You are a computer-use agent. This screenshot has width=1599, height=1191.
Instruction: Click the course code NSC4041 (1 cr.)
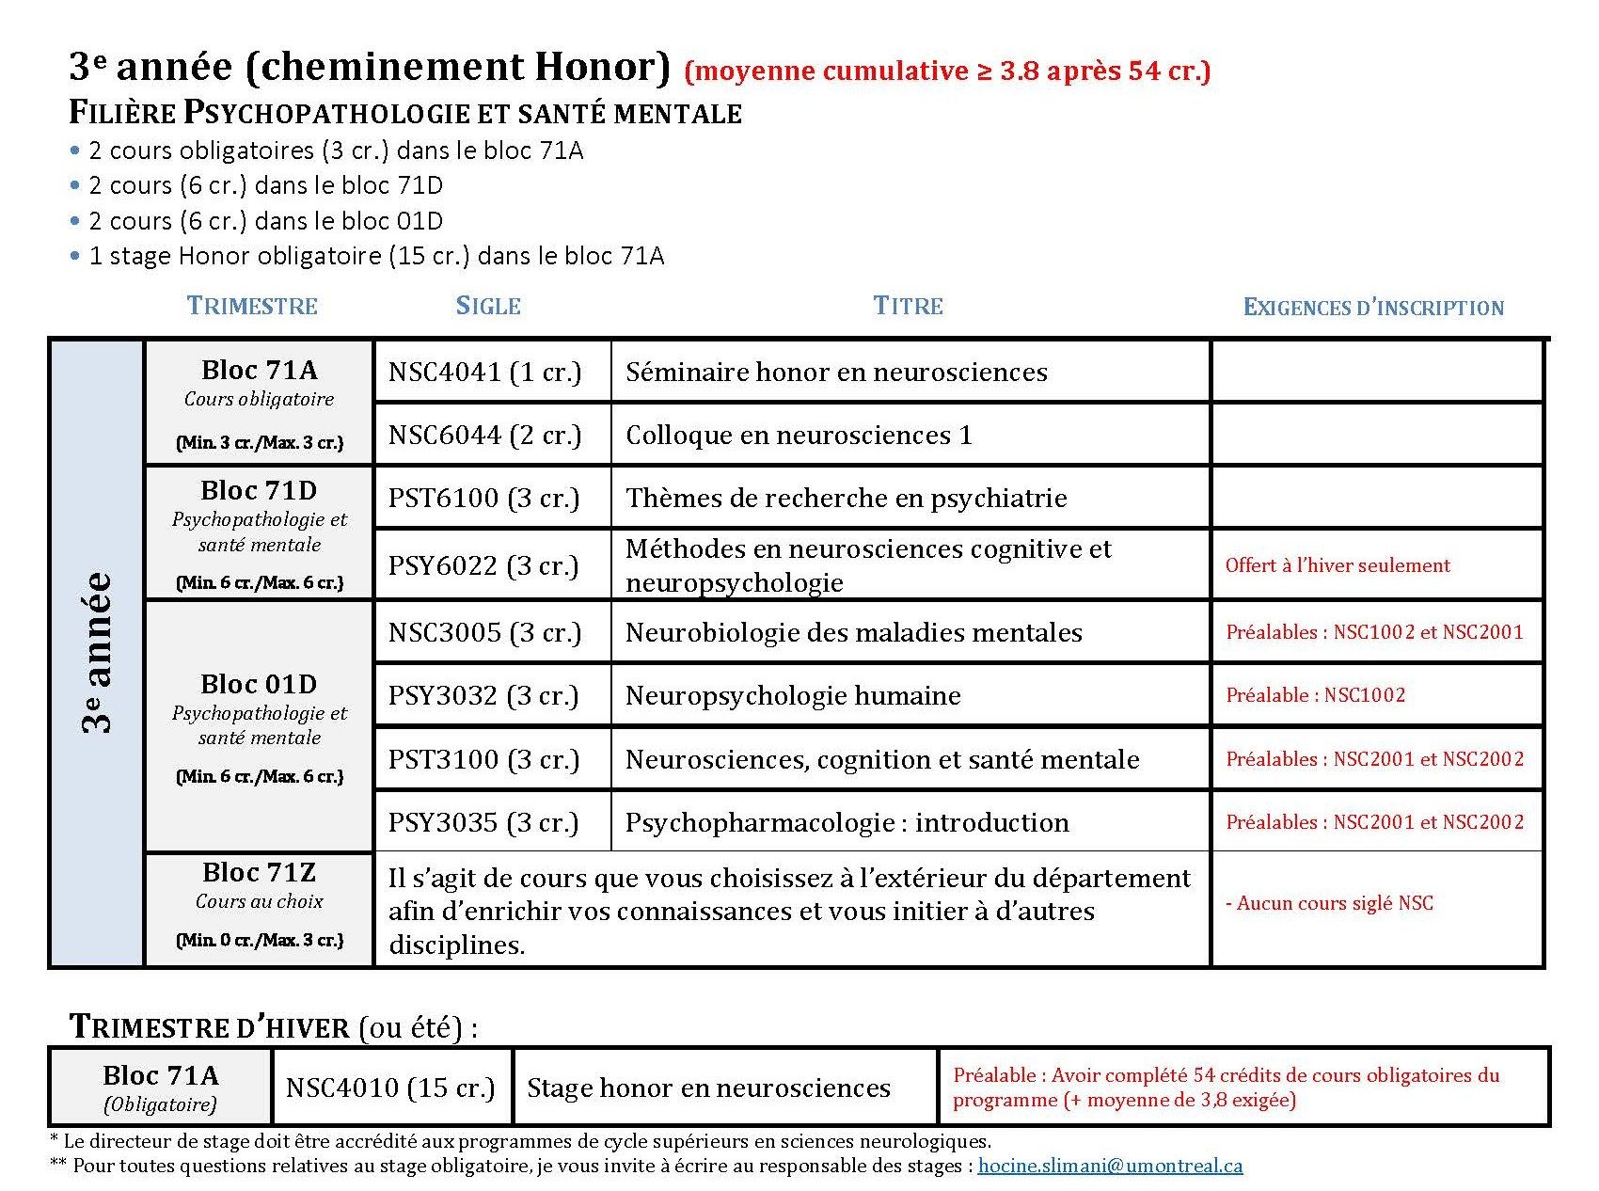(484, 372)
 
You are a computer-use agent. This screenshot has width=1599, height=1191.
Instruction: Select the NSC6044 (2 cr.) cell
(484, 435)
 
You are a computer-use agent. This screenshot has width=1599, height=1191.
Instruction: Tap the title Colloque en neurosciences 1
(799, 435)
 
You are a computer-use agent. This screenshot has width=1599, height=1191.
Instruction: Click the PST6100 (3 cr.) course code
(484, 498)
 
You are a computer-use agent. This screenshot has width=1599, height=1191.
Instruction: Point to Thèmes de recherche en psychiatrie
(846, 498)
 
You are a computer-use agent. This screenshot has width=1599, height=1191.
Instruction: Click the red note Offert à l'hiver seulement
(1337, 565)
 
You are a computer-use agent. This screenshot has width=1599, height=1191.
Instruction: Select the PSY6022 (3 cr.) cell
(484, 565)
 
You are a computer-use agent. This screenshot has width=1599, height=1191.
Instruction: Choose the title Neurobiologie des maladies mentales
(853, 632)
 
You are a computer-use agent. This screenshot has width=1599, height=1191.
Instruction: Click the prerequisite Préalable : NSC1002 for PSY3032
(1315, 695)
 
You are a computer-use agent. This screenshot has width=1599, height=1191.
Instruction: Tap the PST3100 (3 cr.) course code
(484, 759)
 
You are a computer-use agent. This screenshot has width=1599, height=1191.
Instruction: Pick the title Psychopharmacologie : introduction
(847, 822)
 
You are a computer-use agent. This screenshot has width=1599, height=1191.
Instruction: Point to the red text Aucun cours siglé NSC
(1329, 903)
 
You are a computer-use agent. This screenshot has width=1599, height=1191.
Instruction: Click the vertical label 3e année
(97, 652)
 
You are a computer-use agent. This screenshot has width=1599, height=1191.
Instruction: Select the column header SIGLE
(488, 306)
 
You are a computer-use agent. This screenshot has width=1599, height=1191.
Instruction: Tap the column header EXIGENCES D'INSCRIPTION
(1373, 308)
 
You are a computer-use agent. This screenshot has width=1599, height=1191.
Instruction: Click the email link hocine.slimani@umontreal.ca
(1110, 1166)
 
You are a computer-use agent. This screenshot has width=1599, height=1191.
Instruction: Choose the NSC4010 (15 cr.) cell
(390, 1088)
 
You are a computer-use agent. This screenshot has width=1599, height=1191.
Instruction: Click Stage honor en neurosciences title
(708, 1088)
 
